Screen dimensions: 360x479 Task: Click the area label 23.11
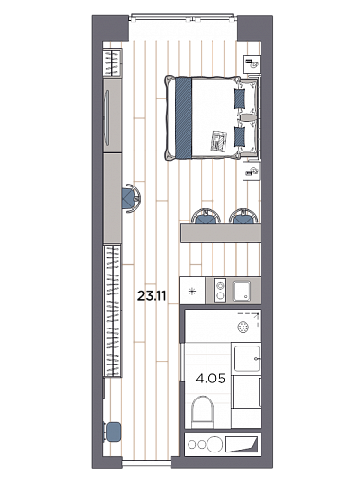pyautogui.click(x=152, y=296)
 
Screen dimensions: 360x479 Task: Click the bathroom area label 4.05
pyautogui.click(x=210, y=378)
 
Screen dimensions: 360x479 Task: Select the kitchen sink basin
pyautogui.click(x=242, y=291)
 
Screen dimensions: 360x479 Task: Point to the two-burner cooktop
pyautogui.click(x=220, y=291)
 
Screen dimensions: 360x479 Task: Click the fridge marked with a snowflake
pyautogui.click(x=192, y=291)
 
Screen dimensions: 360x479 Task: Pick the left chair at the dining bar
pyautogui.click(x=206, y=217)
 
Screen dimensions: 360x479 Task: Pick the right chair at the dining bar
pyautogui.click(x=243, y=217)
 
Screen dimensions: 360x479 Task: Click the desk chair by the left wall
pyautogui.click(x=131, y=199)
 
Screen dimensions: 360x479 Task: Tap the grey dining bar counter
pyautogui.click(x=221, y=233)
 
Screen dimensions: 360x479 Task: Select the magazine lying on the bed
pyautogui.click(x=220, y=141)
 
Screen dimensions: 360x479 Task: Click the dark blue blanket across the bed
pyautogui.click(x=184, y=118)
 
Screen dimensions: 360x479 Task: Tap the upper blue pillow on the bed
pyautogui.click(x=240, y=98)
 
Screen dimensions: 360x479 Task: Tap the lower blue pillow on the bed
pyautogui.click(x=240, y=136)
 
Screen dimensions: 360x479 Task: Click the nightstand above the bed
pyautogui.click(x=252, y=64)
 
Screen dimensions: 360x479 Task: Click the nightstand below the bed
pyautogui.click(x=251, y=171)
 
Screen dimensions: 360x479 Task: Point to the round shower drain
pyautogui.click(x=243, y=327)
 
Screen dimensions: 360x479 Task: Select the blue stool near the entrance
pyautogui.click(x=114, y=432)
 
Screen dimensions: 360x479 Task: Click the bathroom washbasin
pyautogui.click(x=246, y=359)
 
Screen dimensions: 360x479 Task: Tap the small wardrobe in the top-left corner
pyautogui.click(x=113, y=62)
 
